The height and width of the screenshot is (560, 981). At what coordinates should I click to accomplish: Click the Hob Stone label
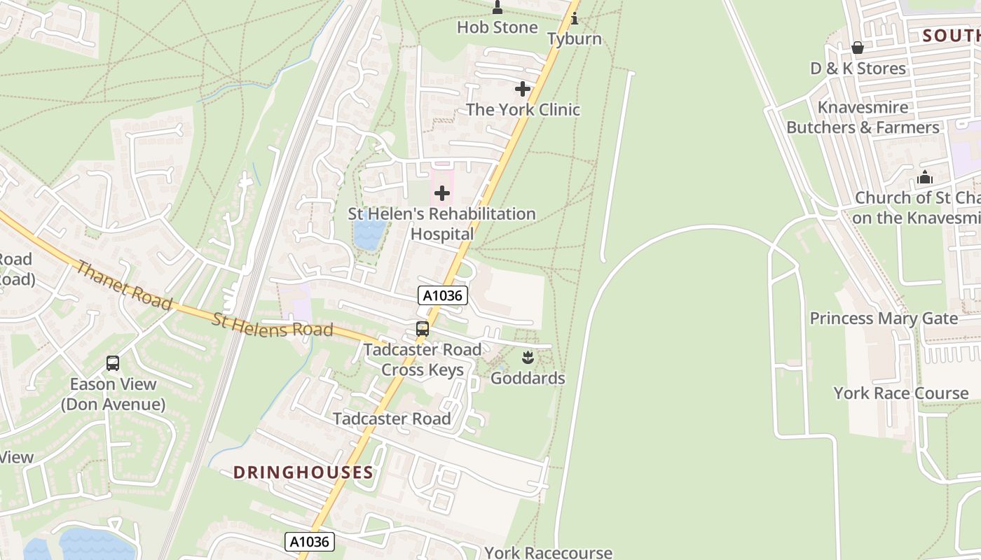click(x=497, y=27)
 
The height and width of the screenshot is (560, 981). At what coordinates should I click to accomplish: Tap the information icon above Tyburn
click(x=575, y=18)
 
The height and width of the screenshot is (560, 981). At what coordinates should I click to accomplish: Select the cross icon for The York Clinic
click(x=523, y=89)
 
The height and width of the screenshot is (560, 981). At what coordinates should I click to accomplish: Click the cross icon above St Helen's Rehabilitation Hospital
click(x=442, y=192)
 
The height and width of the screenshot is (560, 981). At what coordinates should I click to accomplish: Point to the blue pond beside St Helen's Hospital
click(x=369, y=234)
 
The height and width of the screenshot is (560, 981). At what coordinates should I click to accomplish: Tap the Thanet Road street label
click(x=123, y=285)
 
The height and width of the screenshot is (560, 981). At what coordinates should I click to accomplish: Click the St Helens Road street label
click(x=272, y=325)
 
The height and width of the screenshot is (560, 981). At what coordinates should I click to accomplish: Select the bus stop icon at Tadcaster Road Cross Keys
click(x=423, y=328)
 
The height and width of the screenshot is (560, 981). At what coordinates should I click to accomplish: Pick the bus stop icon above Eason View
click(x=113, y=363)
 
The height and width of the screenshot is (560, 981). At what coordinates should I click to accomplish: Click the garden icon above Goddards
click(x=528, y=358)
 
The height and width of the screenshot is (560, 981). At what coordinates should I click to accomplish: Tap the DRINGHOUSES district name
click(x=303, y=472)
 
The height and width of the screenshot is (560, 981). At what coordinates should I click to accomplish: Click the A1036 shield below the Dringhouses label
click(x=309, y=541)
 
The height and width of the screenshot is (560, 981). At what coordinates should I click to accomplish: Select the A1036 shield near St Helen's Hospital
click(x=443, y=295)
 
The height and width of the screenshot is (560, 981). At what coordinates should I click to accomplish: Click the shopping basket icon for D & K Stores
click(x=857, y=48)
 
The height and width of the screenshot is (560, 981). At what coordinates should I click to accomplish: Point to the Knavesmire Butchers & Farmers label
click(x=863, y=118)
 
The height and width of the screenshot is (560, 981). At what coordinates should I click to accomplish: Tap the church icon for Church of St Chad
click(x=925, y=177)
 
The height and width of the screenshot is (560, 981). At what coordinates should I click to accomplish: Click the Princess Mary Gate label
click(x=884, y=318)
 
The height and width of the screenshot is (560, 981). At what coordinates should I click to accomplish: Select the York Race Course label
click(x=900, y=393)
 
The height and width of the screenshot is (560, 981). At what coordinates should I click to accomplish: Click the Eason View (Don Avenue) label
click(x=113, y=394)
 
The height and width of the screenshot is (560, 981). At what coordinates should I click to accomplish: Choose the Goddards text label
click(x=528, y=379)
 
